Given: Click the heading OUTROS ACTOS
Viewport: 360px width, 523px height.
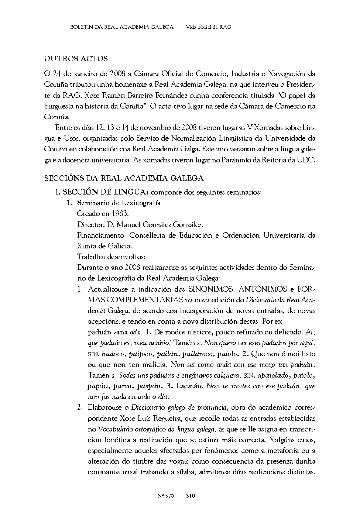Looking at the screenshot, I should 76,59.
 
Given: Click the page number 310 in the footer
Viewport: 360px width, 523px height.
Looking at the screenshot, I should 191,496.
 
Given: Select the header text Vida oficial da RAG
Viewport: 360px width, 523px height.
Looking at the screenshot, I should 209,27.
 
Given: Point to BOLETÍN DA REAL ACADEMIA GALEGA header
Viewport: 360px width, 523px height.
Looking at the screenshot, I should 121,27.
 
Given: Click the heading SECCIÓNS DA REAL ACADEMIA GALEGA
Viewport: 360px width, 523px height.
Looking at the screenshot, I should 124,178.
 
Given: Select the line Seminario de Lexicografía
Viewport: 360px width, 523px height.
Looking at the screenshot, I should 119,203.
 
